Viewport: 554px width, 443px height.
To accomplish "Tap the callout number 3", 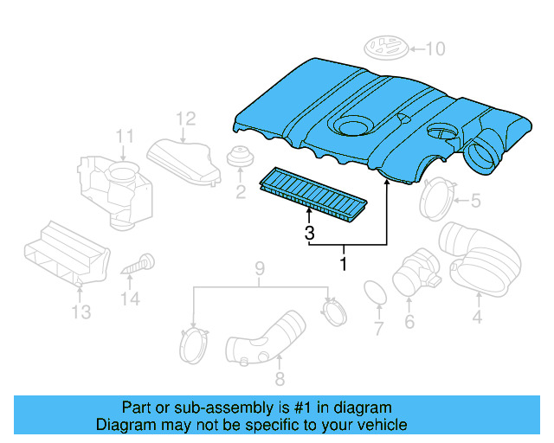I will pos(308,232).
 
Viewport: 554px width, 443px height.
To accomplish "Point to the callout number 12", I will pos(186,119).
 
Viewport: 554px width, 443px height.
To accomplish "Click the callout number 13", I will pos(81,311).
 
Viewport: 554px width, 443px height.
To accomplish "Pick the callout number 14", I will pos(130,299).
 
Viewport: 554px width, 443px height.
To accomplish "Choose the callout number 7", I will pos(378,329).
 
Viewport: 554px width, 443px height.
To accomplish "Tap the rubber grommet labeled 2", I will pos(238,160).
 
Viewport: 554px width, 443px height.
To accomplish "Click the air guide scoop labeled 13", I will pos(66,253).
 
